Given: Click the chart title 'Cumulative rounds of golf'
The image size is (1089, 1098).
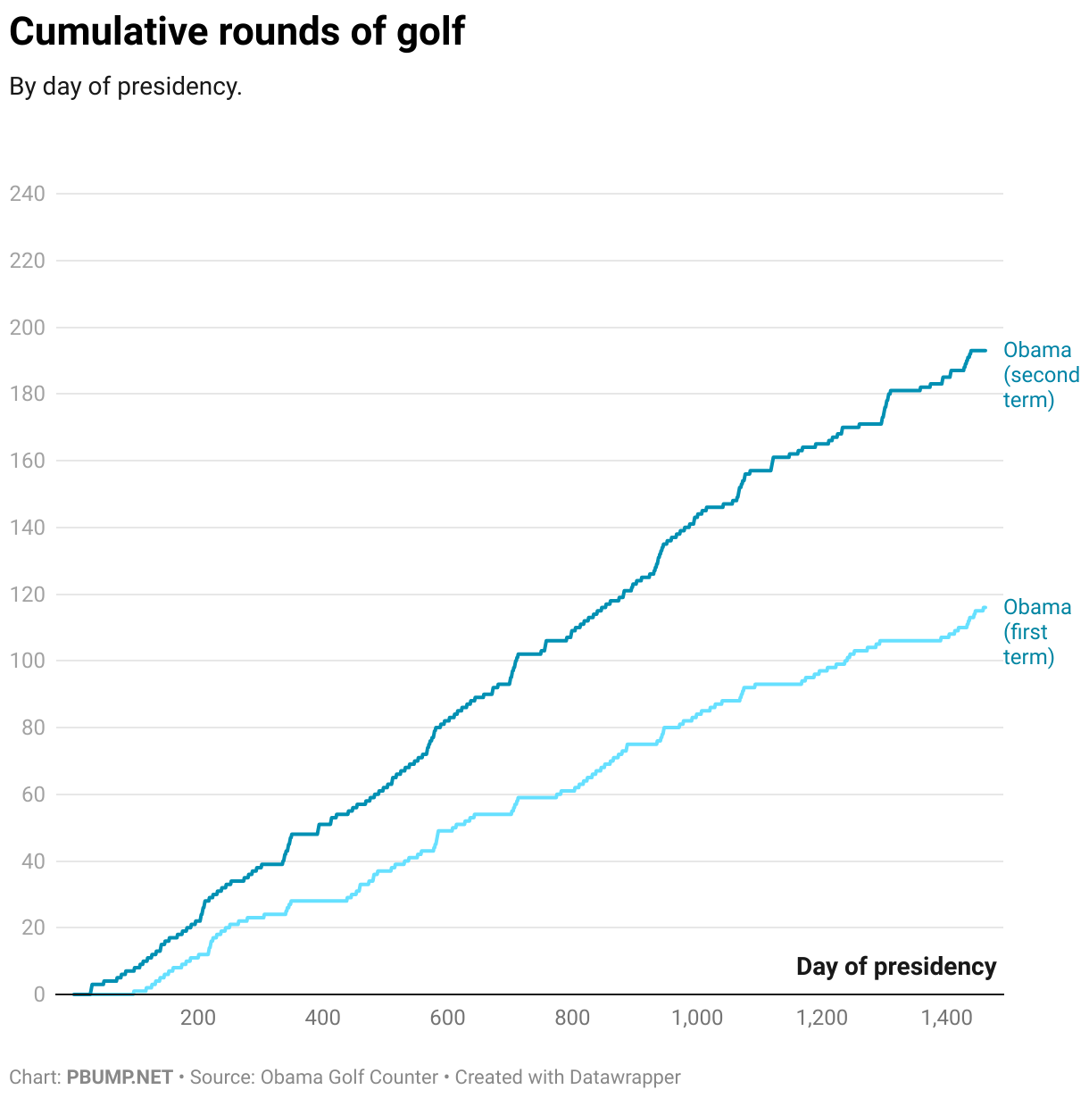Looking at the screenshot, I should click(237, 32).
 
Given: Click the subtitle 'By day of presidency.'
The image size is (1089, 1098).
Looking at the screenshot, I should click(126, 87).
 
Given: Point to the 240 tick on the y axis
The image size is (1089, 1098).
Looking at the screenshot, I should click(27, 194).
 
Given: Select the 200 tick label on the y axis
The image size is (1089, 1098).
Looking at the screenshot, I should click(27, 328).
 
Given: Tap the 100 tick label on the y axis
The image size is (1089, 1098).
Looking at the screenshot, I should click(27, 661).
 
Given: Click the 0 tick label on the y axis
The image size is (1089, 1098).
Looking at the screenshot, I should click(38, 994).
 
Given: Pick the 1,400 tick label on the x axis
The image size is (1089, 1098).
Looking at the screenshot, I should click(947, 1019).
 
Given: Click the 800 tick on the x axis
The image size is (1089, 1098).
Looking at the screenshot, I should click(572, 1019).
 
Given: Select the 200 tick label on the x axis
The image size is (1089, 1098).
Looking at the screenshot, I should click(197, 1019).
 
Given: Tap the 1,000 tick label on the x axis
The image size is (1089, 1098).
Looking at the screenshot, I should click(697, 1019).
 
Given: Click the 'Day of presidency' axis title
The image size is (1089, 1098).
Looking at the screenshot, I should click(896, 967).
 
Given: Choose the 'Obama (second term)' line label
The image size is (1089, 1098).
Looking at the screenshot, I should click(1041, 375).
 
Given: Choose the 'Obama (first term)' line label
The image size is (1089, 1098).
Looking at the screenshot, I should click(1036, 632).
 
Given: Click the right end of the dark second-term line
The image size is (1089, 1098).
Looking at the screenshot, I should click(985, 351).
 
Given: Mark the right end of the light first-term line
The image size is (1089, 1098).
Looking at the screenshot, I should click(985, 608).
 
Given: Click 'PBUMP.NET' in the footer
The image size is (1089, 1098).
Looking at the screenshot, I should click(120, 1077).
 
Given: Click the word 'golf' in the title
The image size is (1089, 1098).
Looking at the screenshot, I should click(431, 32).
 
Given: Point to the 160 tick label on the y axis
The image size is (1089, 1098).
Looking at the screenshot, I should click(27, 461).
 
